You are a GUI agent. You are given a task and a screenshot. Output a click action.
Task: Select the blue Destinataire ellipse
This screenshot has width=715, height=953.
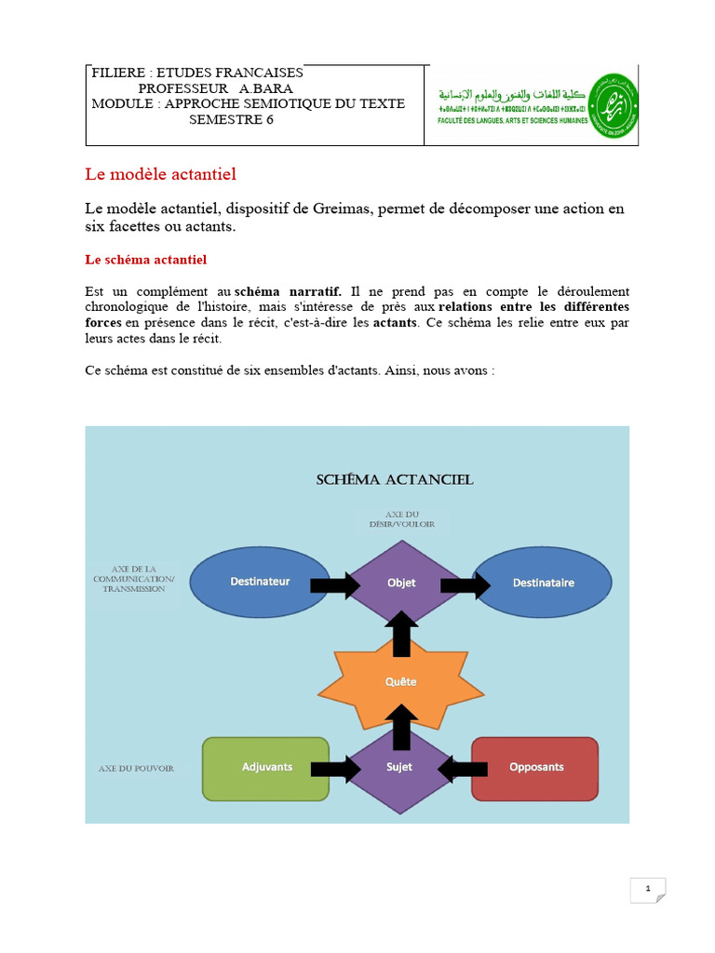(x=544, y=583)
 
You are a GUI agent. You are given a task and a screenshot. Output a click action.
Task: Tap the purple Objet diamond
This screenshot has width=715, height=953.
(x=401, y=584)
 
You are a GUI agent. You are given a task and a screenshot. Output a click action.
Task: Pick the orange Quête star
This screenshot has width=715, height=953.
(x=401, y=681)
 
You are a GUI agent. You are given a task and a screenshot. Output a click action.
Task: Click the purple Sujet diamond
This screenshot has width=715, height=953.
(x=400, y=768)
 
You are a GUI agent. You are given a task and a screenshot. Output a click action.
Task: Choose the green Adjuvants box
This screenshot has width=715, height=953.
(x=265, y=768)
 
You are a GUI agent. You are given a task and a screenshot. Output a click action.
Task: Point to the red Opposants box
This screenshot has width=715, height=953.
(x=535, y=768)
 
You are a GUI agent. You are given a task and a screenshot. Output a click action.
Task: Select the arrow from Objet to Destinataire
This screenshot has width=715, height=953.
(x=465, y=584)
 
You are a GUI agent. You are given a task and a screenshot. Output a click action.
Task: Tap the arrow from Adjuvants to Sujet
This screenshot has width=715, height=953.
(x=336, y=768)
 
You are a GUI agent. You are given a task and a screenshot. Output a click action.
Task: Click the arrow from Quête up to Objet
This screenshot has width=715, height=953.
(x=401, y=632)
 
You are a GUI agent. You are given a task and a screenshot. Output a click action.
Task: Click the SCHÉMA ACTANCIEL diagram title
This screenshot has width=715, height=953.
(x=395, y=480)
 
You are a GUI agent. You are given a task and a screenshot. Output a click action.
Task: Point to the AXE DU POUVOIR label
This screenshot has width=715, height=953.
(x=136, y=769)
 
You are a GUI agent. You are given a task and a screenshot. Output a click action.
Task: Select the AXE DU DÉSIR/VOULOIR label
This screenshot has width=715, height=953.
(x=400, y=518)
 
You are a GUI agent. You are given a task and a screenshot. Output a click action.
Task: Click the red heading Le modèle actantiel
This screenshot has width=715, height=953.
(x=161, y=174)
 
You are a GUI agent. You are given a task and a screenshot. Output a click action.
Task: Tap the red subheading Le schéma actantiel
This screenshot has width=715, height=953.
(x=145, y=259)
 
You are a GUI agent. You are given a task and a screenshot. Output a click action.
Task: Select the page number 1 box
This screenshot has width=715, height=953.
(x=647, y=891)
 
